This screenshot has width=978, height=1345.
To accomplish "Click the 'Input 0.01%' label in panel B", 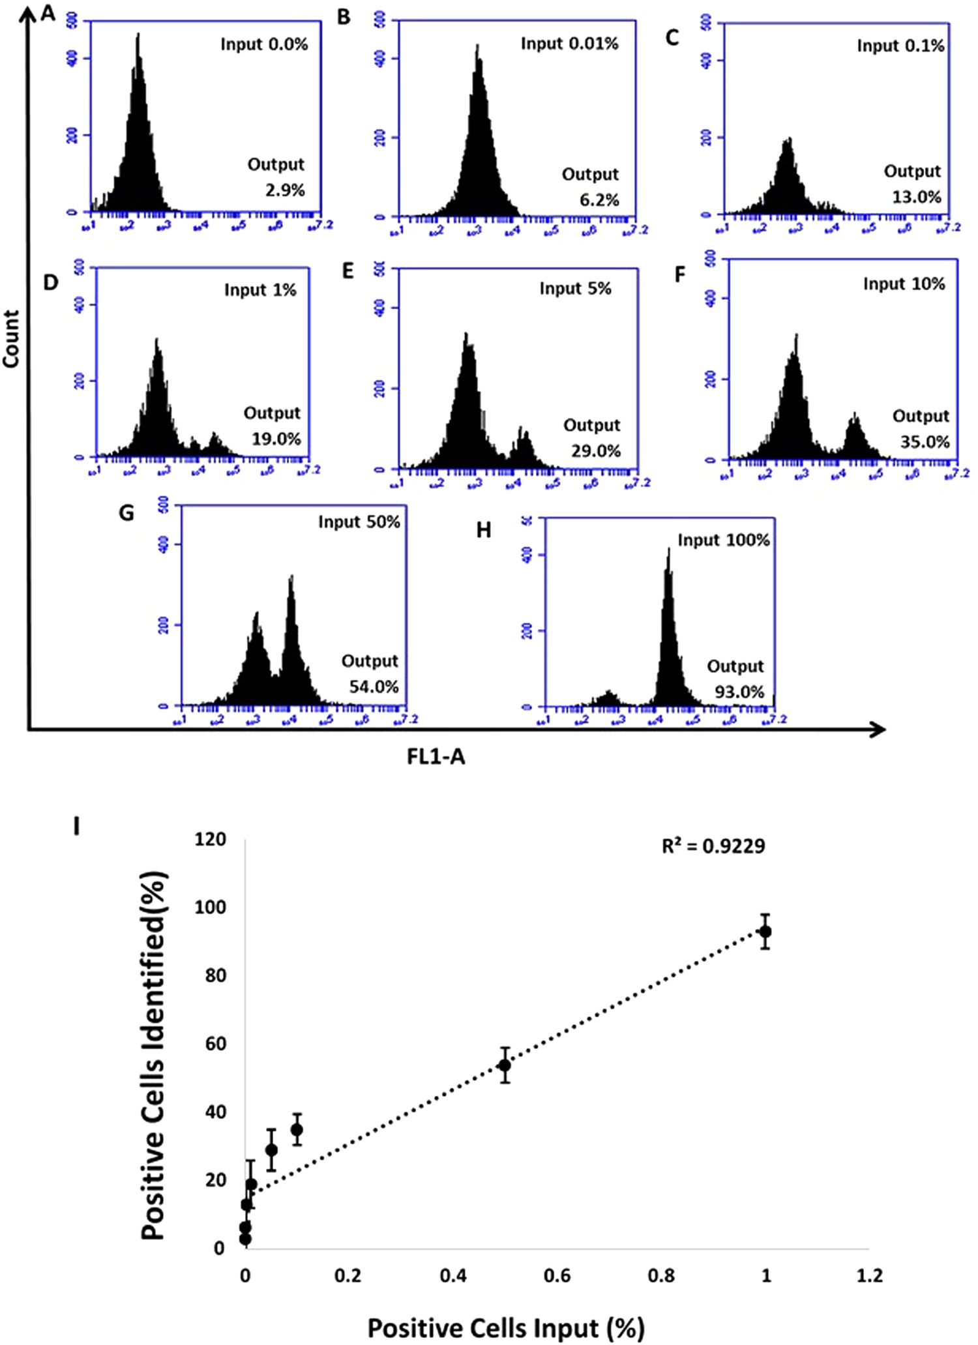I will [569, 44].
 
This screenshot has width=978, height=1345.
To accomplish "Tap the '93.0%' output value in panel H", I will [739, 692].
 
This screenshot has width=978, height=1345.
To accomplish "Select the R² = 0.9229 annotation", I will [713, 846].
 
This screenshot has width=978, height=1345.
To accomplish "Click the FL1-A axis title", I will [436, 756].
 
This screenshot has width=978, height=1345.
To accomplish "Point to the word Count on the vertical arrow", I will [11, 338].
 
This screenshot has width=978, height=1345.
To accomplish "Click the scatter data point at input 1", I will [765, 932].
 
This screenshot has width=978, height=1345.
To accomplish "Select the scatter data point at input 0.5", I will [504, 1065].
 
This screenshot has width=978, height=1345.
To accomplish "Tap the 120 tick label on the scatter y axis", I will [210, 839].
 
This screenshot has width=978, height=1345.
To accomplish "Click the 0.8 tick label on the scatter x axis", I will [661, 1275].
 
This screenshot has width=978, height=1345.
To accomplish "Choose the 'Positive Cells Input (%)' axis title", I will [506, 1327].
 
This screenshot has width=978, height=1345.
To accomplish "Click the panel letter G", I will [126, 514].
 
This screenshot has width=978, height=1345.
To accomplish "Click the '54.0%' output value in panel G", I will [374, 687].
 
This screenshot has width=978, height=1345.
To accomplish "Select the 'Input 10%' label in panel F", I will [904, 284].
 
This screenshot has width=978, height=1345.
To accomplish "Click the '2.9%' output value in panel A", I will [285, 190].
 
